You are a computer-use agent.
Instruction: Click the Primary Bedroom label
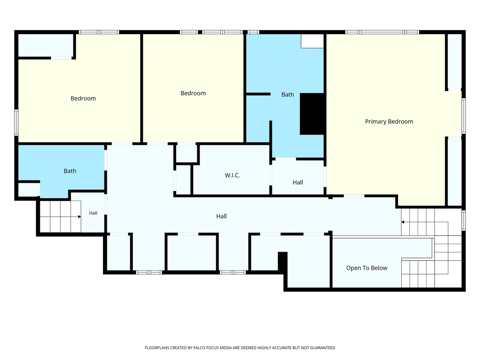tap(389, 121)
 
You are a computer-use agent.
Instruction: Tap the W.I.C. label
tap(232, 175)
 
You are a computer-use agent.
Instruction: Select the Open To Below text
tap(367, 268)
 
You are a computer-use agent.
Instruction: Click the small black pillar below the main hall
tap(283, 262)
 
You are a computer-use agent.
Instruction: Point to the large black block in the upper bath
tap(312, 114)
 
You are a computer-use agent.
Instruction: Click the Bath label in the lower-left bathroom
tap(70, 171)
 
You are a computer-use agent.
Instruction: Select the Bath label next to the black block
tap(287, 95)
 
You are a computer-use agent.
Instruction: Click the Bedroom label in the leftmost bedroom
tap(83, 98)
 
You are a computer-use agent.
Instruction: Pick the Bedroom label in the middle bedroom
tap(193, 93)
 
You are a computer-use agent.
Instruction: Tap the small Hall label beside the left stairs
tap(93, 213)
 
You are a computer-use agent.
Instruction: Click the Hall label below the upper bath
tap(298, 182)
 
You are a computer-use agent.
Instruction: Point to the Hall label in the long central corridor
tap(221, 216)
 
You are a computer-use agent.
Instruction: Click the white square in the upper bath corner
tap(312, 41)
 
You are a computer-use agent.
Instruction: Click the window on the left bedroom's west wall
tap(16, 122)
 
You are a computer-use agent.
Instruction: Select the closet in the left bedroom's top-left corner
tap(45, 45)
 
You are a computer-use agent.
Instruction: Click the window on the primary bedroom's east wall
tap(464, 116)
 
